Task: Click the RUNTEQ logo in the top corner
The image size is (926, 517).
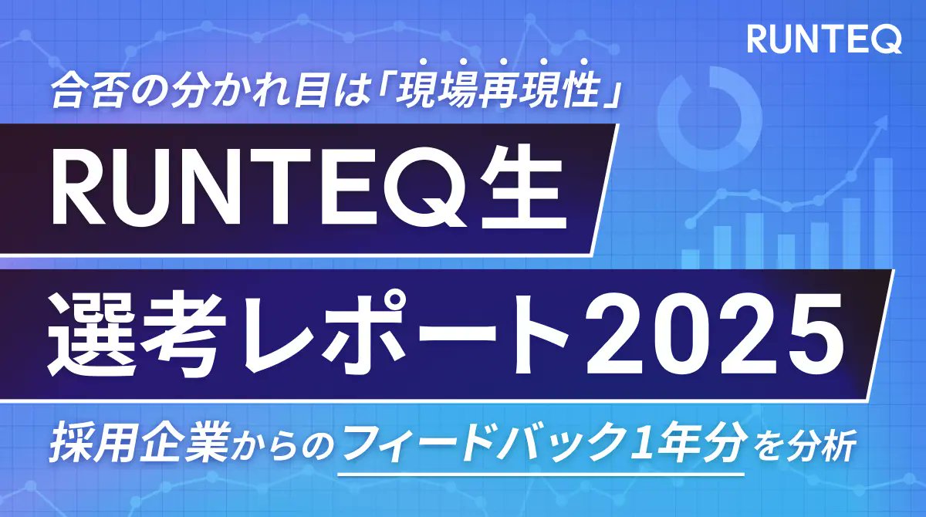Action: (824, 40)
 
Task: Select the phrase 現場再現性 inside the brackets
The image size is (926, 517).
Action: (502, 93)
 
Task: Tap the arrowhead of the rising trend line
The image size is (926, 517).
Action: (880, 130)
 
